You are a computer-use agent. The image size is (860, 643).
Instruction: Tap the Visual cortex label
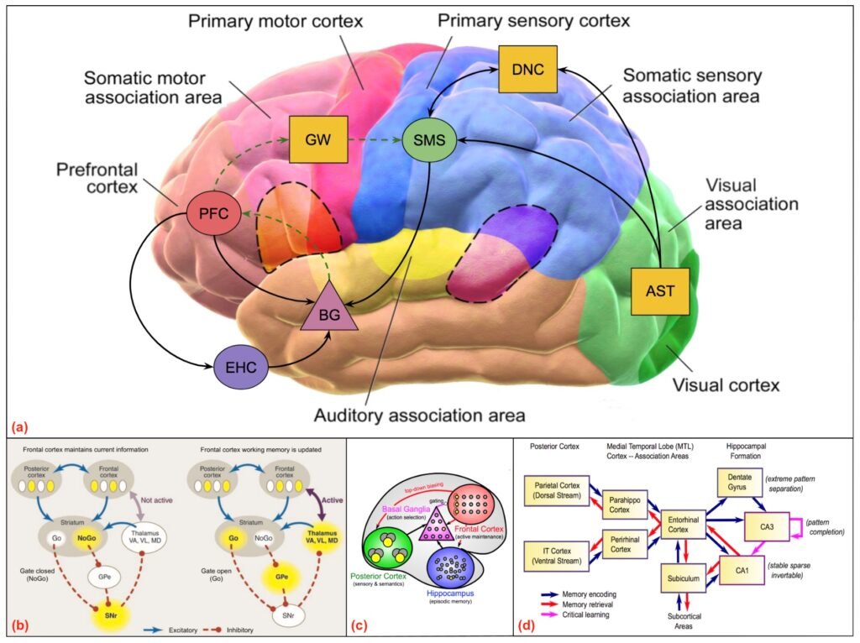tap(728, 385)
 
